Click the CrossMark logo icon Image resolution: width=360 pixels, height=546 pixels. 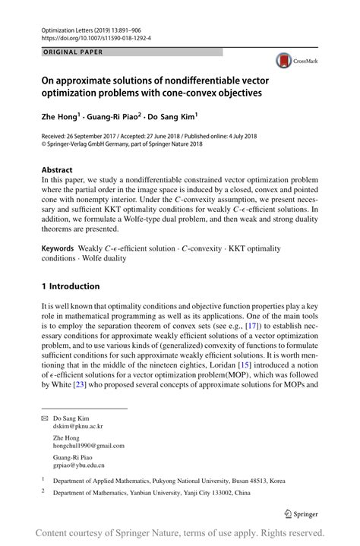tap(284, 62)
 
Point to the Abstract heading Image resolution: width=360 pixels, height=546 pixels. tap(57, 170)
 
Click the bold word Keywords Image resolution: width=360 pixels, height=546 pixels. tap(58, 248)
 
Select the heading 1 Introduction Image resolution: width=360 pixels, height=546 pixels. tap(70, 286)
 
